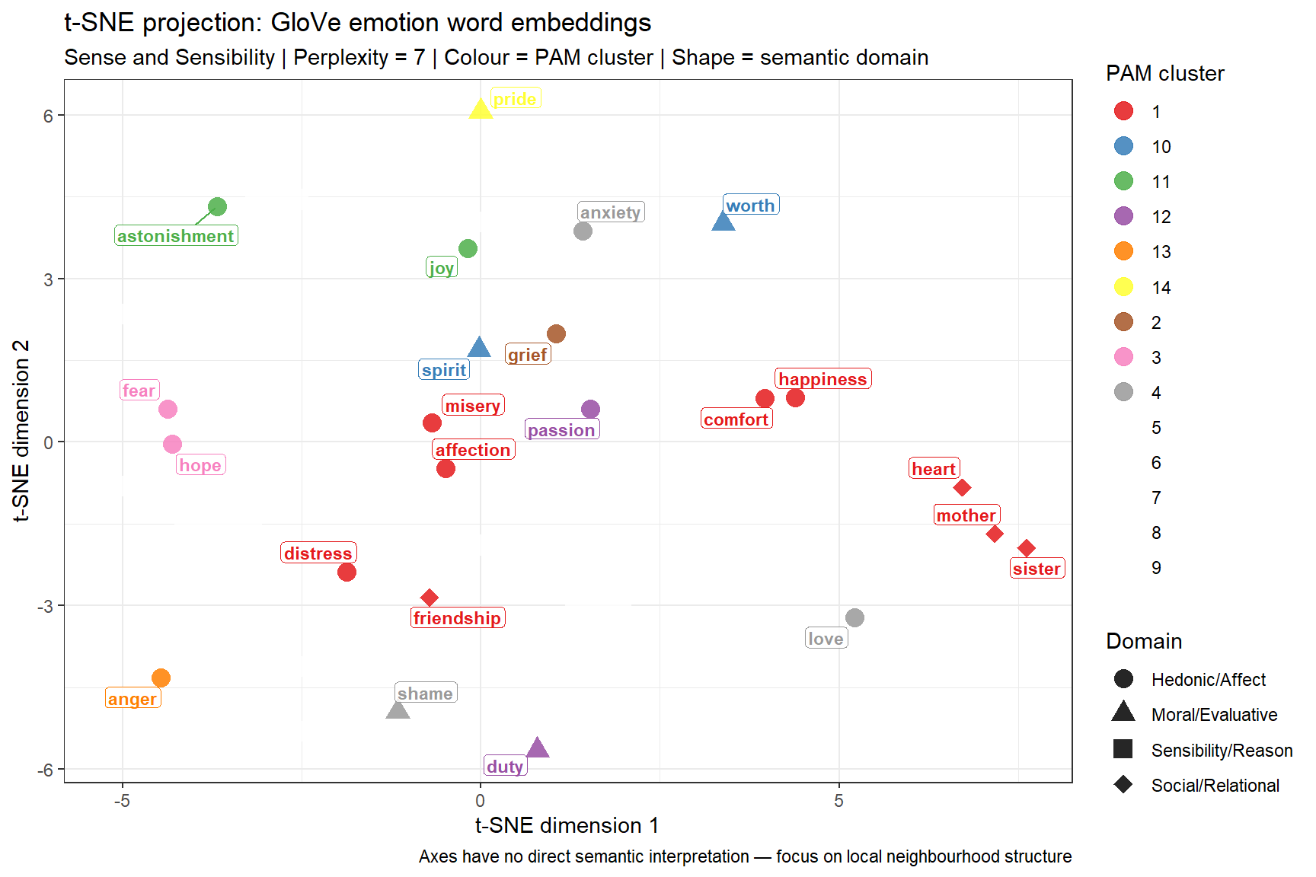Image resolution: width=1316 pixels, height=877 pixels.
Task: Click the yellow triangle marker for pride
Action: tap(481, 110)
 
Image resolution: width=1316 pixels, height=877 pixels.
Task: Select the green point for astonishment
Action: tap(217, 206)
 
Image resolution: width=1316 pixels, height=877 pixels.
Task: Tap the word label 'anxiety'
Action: tap(611, 212)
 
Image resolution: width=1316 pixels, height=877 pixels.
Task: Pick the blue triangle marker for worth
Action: tap(723, 222)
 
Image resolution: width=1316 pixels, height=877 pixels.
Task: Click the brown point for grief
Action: tap(556, 333)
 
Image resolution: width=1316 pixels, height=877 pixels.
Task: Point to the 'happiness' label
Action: tap(822, 379)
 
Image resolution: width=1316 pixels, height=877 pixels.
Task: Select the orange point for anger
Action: tap(161, 678)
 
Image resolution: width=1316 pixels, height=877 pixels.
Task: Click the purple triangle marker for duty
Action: tap(538, 748)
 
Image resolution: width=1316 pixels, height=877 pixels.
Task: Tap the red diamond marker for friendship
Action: tap(430, 598)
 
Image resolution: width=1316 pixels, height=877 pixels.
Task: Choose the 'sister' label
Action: tap(1037, 569)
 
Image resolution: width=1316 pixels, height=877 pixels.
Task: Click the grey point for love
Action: tap(854, 617)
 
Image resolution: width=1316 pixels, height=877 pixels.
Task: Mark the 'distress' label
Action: tap(318, 553)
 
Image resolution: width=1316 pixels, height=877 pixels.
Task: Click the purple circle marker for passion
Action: tap(590, 410)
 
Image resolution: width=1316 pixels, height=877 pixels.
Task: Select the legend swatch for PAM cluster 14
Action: tap(1123, 287)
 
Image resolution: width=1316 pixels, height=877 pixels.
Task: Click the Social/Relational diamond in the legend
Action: tap(1123, 785)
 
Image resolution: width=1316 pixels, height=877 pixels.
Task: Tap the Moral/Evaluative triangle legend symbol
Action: tap(1123, 713)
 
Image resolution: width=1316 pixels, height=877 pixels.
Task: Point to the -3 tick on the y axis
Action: tap(48, 606)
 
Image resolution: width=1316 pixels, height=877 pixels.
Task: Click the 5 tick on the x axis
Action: tap(838, 801)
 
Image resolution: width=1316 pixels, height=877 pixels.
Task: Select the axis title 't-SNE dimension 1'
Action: tap(567, 826)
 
